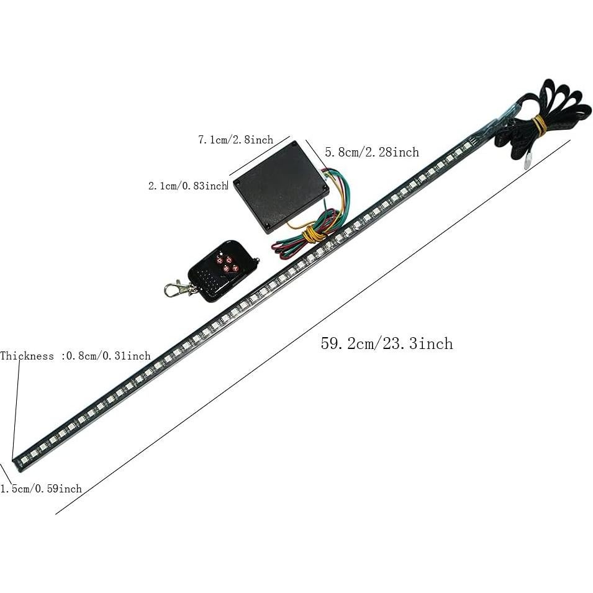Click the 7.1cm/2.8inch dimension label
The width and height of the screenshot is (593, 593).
[x=235, y=140]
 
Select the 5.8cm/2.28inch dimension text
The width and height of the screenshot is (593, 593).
[x=372, y=152]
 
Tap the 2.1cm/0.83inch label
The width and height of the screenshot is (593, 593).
[x=188, y=186]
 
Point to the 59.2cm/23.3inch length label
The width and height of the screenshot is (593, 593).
[x=386, y=343]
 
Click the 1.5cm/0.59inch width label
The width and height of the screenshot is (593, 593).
[x=41, y=489]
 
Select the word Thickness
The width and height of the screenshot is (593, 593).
[x=27, y=356]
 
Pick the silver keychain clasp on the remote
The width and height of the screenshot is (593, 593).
[x=177, y=288]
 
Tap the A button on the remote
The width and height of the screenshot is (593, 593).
[x=235, y=267]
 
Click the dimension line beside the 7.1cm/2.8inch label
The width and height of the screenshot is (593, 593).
[x=260, y=156]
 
